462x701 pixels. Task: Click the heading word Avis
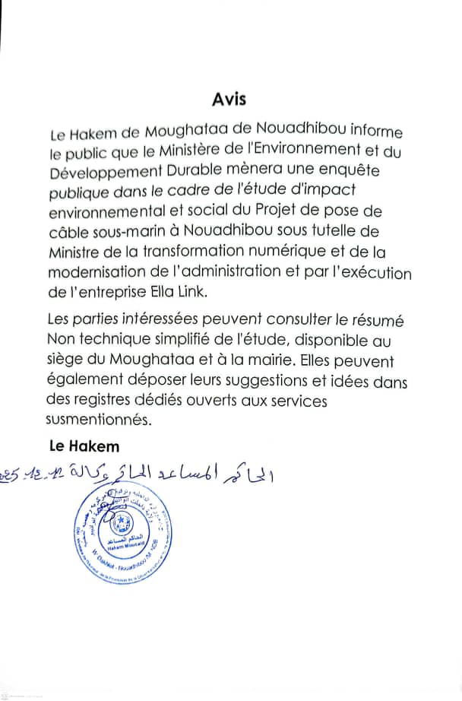pos(229,100)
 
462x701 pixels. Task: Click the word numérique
pos(261,252)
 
